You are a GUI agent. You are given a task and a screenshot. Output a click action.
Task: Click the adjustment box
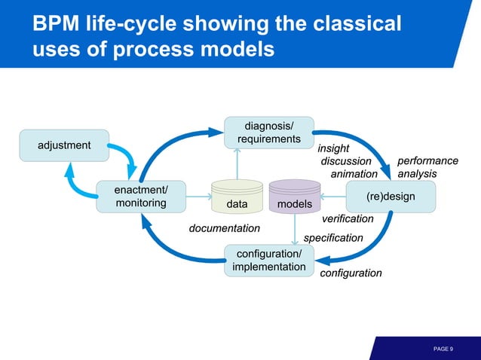click(x=64, y=145)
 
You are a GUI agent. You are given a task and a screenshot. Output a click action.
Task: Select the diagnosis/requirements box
click(x=269, y=133)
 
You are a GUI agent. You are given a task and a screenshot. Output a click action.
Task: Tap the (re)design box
click(x=391, y=197)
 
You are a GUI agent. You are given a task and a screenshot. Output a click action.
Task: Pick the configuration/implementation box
click(x=269, y=261)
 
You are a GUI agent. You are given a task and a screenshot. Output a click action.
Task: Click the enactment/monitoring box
click(x=141, y=197)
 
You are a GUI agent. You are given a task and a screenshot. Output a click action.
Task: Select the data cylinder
click(x=237, y=197)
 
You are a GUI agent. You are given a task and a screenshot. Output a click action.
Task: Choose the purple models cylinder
click(x=295, y=197)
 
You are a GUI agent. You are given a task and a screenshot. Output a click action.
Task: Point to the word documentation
click(x=224, y=228)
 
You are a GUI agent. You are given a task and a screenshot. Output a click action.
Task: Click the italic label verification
click(x=348, y=219)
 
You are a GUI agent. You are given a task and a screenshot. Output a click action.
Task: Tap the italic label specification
click(x=333, y=238)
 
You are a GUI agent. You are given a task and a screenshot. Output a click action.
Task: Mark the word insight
click(x=332, y=148)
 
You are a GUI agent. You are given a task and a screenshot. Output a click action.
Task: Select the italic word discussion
click(x=346, y=161)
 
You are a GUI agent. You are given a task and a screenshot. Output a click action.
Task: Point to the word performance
click(x=427, y=161)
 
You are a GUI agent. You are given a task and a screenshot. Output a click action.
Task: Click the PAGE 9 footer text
click(x=443, y=349)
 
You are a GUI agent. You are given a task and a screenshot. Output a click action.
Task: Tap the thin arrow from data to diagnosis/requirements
click(x=237, y=163)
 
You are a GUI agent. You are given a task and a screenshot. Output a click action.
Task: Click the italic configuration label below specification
click(x=351, y=273)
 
